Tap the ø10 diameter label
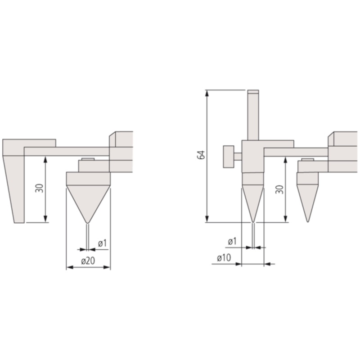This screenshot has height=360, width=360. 224,258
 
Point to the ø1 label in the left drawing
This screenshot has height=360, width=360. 102,243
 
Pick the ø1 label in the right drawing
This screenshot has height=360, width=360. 232,242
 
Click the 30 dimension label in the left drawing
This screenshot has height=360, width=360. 40,188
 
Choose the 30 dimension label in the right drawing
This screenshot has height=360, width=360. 280,189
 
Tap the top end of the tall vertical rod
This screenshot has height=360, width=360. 253,92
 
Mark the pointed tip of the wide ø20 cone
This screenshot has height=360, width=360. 88,223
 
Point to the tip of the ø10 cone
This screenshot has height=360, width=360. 253,221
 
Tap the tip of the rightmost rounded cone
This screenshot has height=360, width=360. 307,221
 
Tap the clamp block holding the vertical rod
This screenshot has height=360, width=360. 253,156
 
